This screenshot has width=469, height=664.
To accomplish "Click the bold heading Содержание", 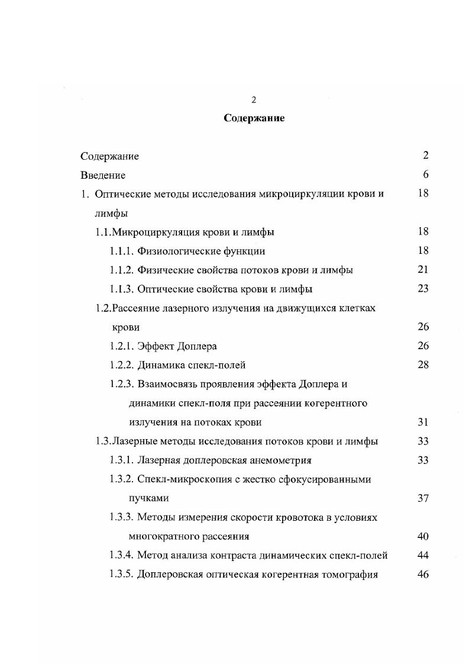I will tap(254, 118).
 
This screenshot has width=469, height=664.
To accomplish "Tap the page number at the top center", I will tap(254, 99).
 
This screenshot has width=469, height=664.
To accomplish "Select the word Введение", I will tap(103, 175).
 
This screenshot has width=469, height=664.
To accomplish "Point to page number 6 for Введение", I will tap(426, 175).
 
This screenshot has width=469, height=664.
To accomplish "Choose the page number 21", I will tap(423, 270).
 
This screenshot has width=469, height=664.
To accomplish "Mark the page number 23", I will tap(423, 289).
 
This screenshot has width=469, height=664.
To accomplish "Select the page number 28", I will tap(423, 365).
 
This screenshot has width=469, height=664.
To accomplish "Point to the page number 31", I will tap(423, 422).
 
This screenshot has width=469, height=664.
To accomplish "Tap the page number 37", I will tap(423, 498).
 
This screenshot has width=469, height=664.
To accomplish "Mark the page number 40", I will tap(423, 536).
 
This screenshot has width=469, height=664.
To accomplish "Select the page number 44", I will tap(423, 555).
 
